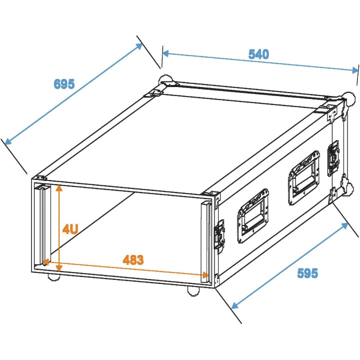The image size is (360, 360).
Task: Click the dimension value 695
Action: tap(64, 83)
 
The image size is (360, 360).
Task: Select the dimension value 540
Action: tap(258, 54)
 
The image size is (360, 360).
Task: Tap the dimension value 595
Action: tap(307, 273)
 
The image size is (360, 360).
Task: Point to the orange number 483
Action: tap(133, 260)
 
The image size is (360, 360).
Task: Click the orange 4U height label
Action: tap(70, 229)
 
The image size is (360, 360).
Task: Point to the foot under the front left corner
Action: tap(52, 277)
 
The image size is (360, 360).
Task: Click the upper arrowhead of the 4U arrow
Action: tap(59, 188)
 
